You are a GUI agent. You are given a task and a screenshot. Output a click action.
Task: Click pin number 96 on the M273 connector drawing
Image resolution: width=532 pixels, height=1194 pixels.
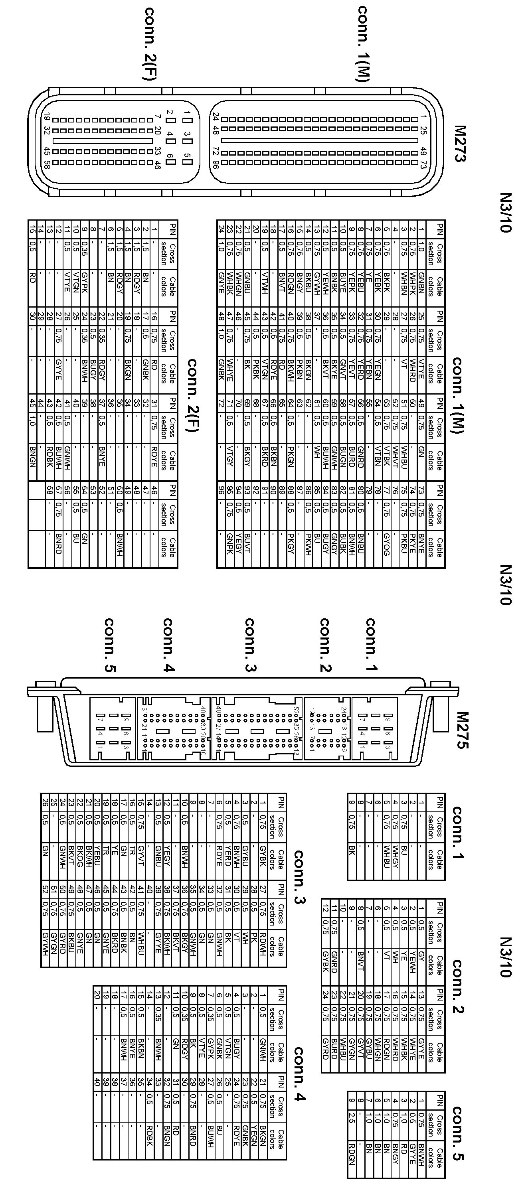click(215, 164)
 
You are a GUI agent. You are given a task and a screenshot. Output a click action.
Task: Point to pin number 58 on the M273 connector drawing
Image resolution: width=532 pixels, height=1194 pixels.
click(47, 164)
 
